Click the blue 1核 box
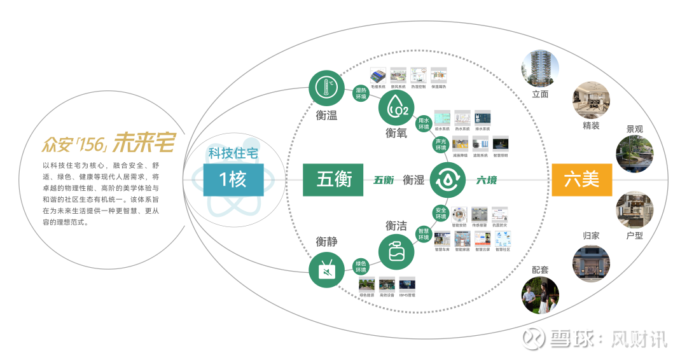click(232, 179)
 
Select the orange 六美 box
click(581, 179)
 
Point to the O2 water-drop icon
click(396, 107)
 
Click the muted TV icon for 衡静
click(326, 271)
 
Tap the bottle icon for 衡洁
click(396, 251)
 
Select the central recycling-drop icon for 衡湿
click(448, 179)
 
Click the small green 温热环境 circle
click(361, 93)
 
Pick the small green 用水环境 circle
click(424, 123)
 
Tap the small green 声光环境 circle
click(440, 144)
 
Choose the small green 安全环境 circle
click(440, 214)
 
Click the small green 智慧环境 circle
click(423, 234)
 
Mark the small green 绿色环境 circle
click(361, 266)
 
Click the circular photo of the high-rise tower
click(540, 69)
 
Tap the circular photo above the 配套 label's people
click(540, 295)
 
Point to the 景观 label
click(634, 129)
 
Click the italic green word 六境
click(487, 180)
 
